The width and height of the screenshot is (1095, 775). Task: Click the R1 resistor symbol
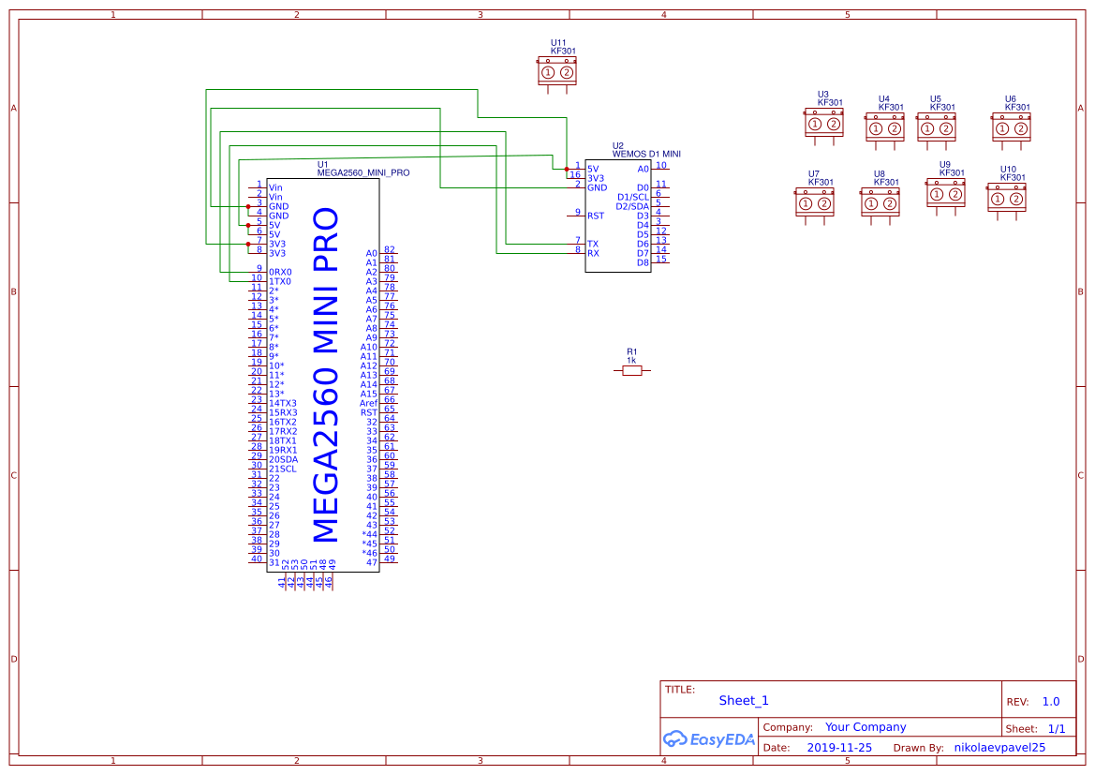[632, 371]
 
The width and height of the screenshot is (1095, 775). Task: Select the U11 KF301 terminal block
[557, 72]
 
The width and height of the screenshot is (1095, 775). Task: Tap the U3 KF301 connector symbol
[824, 124]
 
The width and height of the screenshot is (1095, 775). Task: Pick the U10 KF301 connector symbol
[1006, 199]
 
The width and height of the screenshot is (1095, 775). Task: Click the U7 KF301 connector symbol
[814, 203]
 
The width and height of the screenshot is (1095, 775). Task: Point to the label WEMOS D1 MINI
[646, 153]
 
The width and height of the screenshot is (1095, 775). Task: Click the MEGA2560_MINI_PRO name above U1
[363, 172]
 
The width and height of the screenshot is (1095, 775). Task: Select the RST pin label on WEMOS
[596, 216]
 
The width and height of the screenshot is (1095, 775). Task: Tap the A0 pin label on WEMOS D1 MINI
[643, 169]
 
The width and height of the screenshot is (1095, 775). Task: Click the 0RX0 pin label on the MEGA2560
[280, 272]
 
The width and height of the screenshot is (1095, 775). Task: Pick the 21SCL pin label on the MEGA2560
[282, 469]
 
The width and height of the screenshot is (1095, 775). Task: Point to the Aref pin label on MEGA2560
[368, 403]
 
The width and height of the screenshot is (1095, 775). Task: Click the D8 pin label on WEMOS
[643, 262]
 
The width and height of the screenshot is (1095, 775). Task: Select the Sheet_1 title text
[744, 700]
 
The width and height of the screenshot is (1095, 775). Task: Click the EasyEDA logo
[709, 739]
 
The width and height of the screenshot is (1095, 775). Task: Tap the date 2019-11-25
[839, 748]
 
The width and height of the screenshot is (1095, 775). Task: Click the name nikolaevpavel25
[999, 748]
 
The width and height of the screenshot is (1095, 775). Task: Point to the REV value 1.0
[1051, 701]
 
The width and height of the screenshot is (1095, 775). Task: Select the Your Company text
[866, 726]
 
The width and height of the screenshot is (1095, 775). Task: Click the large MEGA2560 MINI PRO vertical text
[324, 375]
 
